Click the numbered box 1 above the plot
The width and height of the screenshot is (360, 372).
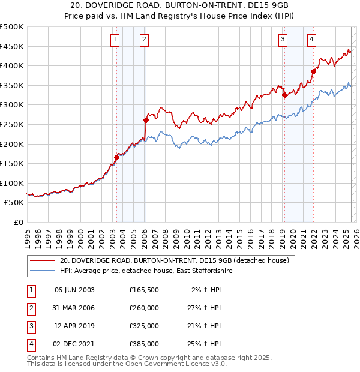coord(115,40)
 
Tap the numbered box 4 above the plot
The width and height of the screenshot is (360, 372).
coord(312,40)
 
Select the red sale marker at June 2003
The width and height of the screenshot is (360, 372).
coord(116,158)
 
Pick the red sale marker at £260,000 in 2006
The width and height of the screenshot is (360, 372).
coord(146,121)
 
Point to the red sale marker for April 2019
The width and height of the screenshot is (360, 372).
coord(284,95)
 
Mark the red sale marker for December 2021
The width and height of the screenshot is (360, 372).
coord(313,71)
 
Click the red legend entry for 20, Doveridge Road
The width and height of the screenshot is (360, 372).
coord(175,260)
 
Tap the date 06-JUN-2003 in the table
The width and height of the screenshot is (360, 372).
coord(74,290)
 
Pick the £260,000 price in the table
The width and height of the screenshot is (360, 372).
coord(144,308)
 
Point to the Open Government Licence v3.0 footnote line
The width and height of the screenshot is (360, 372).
coord(127,364)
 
